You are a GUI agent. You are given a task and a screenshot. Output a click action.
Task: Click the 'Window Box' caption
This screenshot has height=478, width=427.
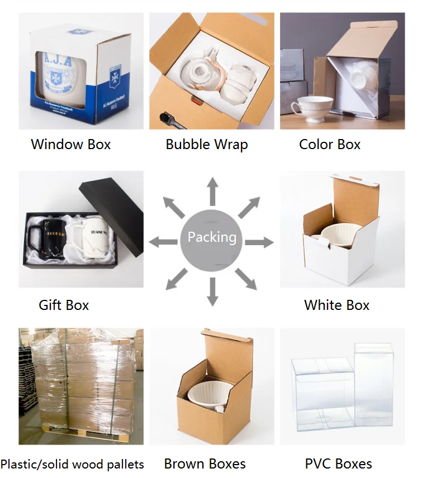71,145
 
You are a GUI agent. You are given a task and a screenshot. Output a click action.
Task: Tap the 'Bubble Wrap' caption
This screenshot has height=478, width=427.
206,145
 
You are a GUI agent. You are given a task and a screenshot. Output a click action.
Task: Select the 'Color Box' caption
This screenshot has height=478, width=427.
330,145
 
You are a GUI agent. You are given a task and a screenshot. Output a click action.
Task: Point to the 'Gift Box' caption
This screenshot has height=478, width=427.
64,305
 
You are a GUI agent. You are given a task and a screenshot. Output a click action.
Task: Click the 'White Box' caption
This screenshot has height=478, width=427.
336,305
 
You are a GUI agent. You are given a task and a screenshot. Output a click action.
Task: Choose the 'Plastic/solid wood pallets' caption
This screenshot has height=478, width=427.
72,464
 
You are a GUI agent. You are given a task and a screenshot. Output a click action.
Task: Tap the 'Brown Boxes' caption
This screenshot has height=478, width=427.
205,463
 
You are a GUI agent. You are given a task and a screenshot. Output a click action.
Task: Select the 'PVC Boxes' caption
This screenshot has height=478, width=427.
338,463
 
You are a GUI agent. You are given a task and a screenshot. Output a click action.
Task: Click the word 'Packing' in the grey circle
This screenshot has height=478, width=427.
212,237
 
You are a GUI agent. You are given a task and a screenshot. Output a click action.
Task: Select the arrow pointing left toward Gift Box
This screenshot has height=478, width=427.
163,242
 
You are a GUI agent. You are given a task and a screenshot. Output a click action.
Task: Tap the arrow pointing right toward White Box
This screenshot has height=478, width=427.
259,242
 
